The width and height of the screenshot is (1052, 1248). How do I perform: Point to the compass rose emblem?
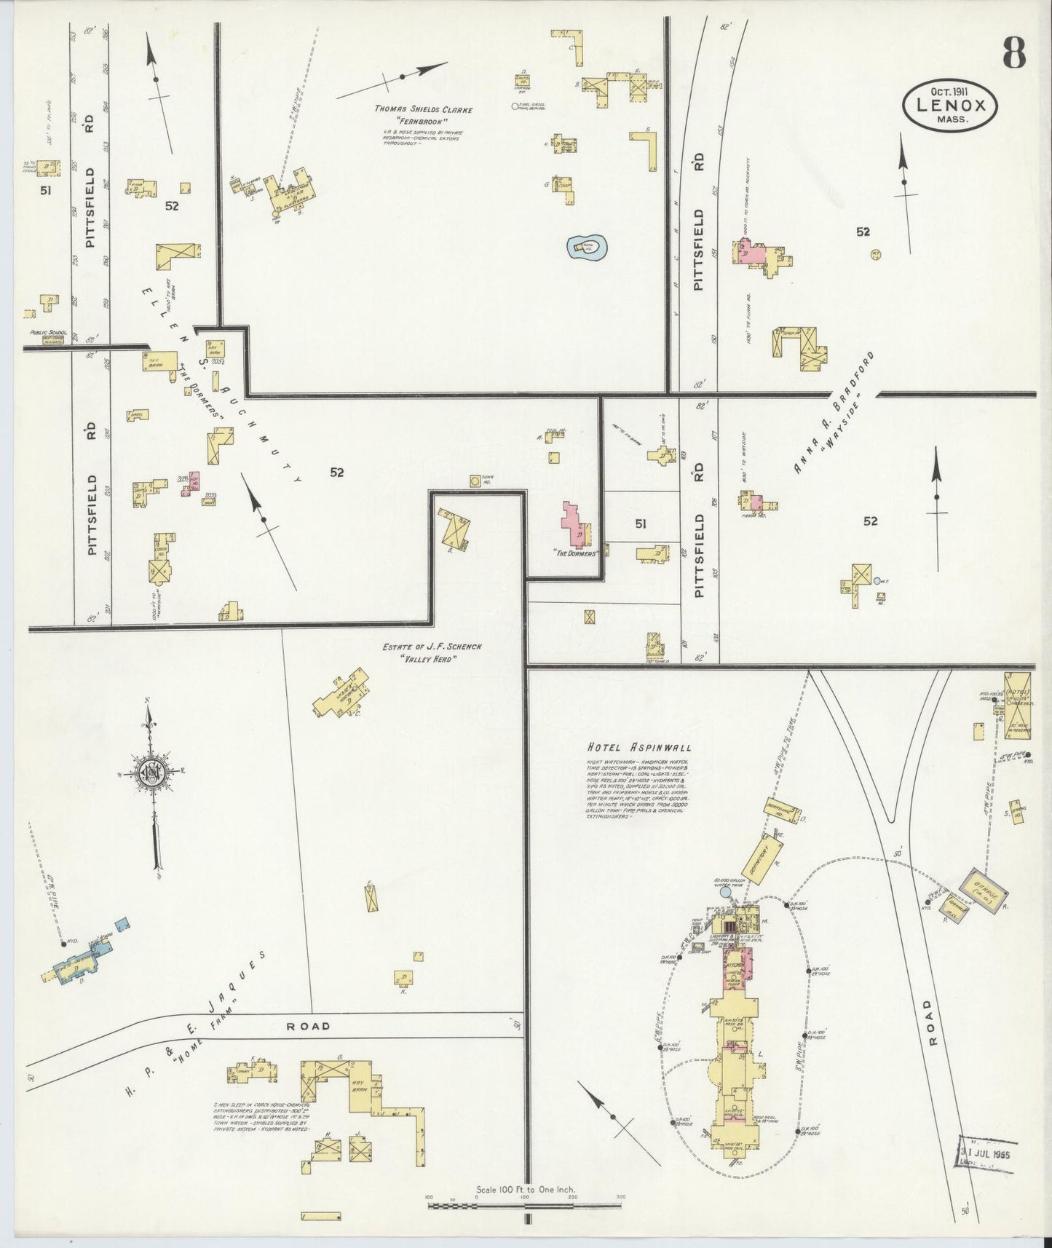pyautogui.click(x=153, y=774)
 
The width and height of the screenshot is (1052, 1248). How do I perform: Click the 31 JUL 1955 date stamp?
pyautogui.click(x=993, y=1155)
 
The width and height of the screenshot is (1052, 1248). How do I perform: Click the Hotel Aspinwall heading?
pyautogui.click(x=638, y=747)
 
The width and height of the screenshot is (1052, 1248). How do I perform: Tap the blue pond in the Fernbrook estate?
pyautogui.click(x=588, y=249)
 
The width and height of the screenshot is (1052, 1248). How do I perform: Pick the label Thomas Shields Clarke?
pyautogui.click(x=424, y=110)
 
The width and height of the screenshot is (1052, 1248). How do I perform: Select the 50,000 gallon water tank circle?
pyautogui.click(x=725, y=893)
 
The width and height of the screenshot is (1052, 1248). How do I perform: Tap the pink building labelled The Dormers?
pyautogui.click(x=575, y=526)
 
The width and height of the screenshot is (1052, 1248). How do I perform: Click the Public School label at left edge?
pyautogui.click(x=48, y=333)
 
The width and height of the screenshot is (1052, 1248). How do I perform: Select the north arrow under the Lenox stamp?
pyautogui.click(x=904, y=193)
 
